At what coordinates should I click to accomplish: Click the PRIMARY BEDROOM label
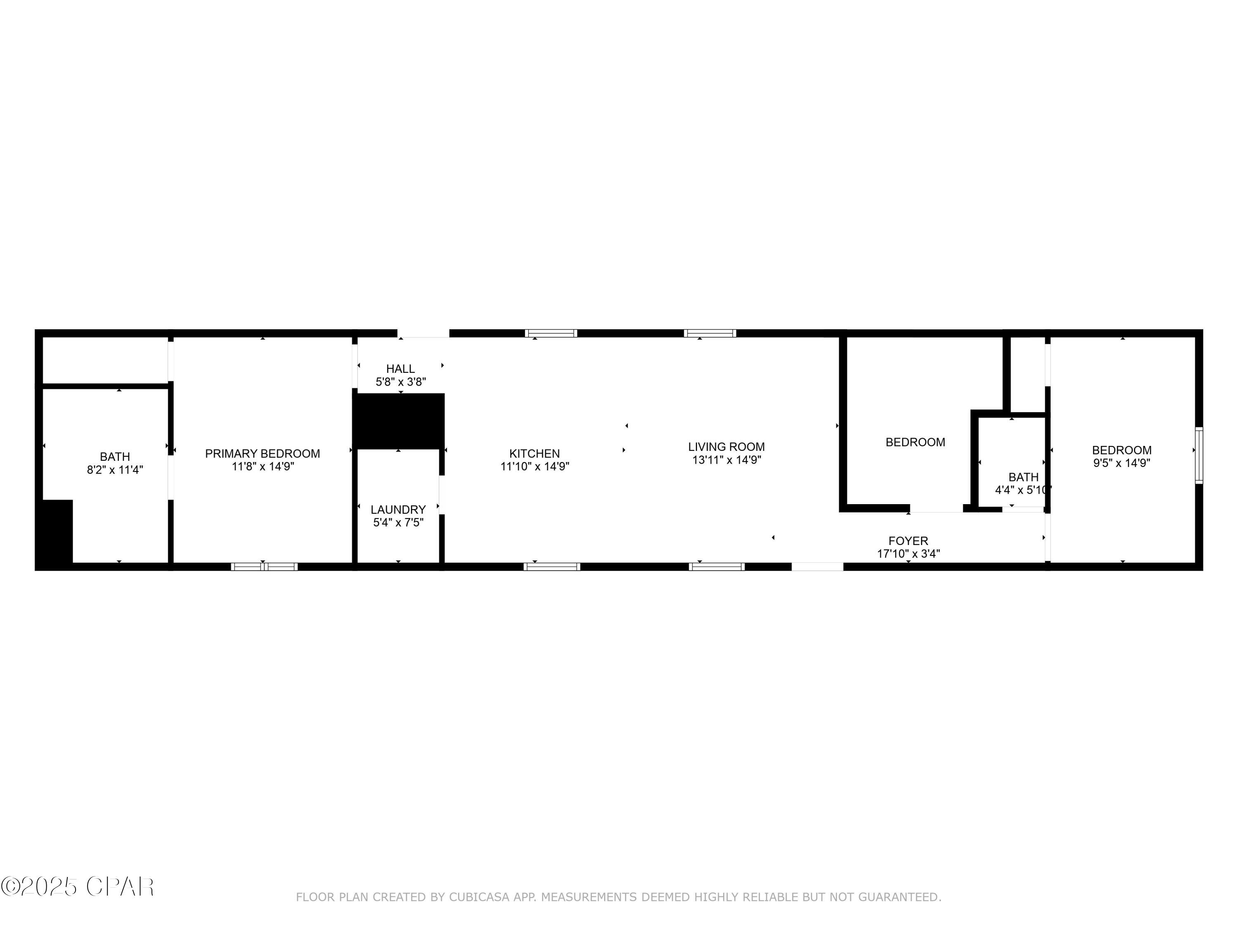[262, 454]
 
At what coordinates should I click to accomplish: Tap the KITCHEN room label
[534, 454]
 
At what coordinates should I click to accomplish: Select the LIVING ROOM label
[726, 447]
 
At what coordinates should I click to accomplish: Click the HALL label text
[401, 369]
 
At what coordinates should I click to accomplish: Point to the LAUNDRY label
[398, 510]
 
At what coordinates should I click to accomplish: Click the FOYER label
[908, 541]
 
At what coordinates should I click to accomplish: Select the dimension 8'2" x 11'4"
[115, 470]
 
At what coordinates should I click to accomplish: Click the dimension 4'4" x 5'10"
[1023, 490]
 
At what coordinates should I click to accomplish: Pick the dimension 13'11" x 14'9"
[726, 460]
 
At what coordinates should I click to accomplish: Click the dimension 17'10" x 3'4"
[908, 554]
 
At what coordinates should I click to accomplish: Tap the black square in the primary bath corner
[54, 531]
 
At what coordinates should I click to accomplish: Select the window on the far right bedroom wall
[1199, 455]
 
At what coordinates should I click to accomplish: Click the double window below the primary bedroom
[264, 567]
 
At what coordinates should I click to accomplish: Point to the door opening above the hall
[423, 334]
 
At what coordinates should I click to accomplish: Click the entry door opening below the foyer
[817, 567]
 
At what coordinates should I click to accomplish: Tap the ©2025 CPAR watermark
[77, 887]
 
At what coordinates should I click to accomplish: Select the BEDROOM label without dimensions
[915, 442]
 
